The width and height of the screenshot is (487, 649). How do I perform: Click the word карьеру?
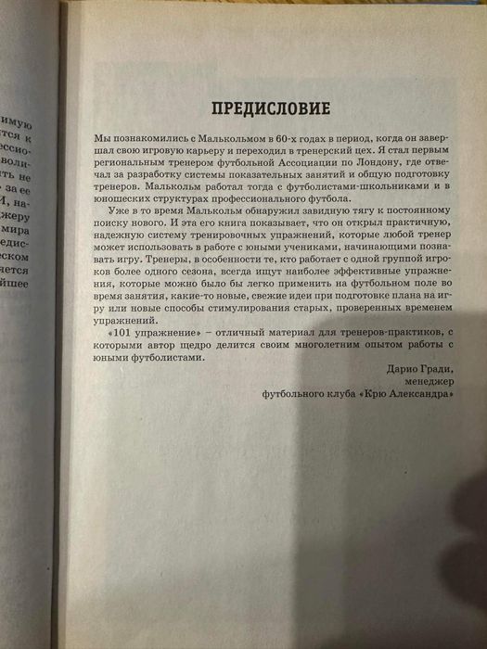tap(206, 148)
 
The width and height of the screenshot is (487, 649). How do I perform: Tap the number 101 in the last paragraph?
tap(122, 332)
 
